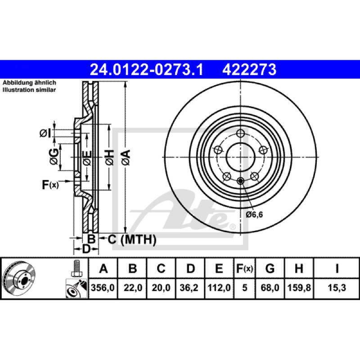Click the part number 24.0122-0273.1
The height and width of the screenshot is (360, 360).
(x=147, y=70)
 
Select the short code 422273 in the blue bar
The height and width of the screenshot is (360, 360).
(x=249, y=70)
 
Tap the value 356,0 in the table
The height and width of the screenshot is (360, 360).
(x=103, y=288)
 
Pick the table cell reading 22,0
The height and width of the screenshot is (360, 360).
(x=133, y=288)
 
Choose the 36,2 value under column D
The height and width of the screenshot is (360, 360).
(x=189, y=288)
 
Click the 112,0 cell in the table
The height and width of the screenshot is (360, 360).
(x=219, y=288)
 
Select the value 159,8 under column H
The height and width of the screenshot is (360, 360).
(x=299, y=288)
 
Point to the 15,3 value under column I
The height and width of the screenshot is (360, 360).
(x=337, y=288)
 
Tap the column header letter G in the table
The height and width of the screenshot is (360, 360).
(x=270, y=268)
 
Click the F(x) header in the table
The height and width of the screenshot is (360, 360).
(x=244, y=268)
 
